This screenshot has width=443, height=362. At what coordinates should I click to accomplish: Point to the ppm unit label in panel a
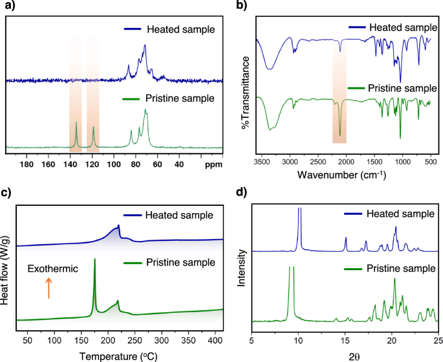tap(213, 164)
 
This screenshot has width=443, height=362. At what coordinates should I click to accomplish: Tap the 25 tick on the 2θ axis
tap(438, 339)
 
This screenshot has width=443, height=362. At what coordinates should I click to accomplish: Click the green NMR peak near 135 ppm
tap(76, 123)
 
